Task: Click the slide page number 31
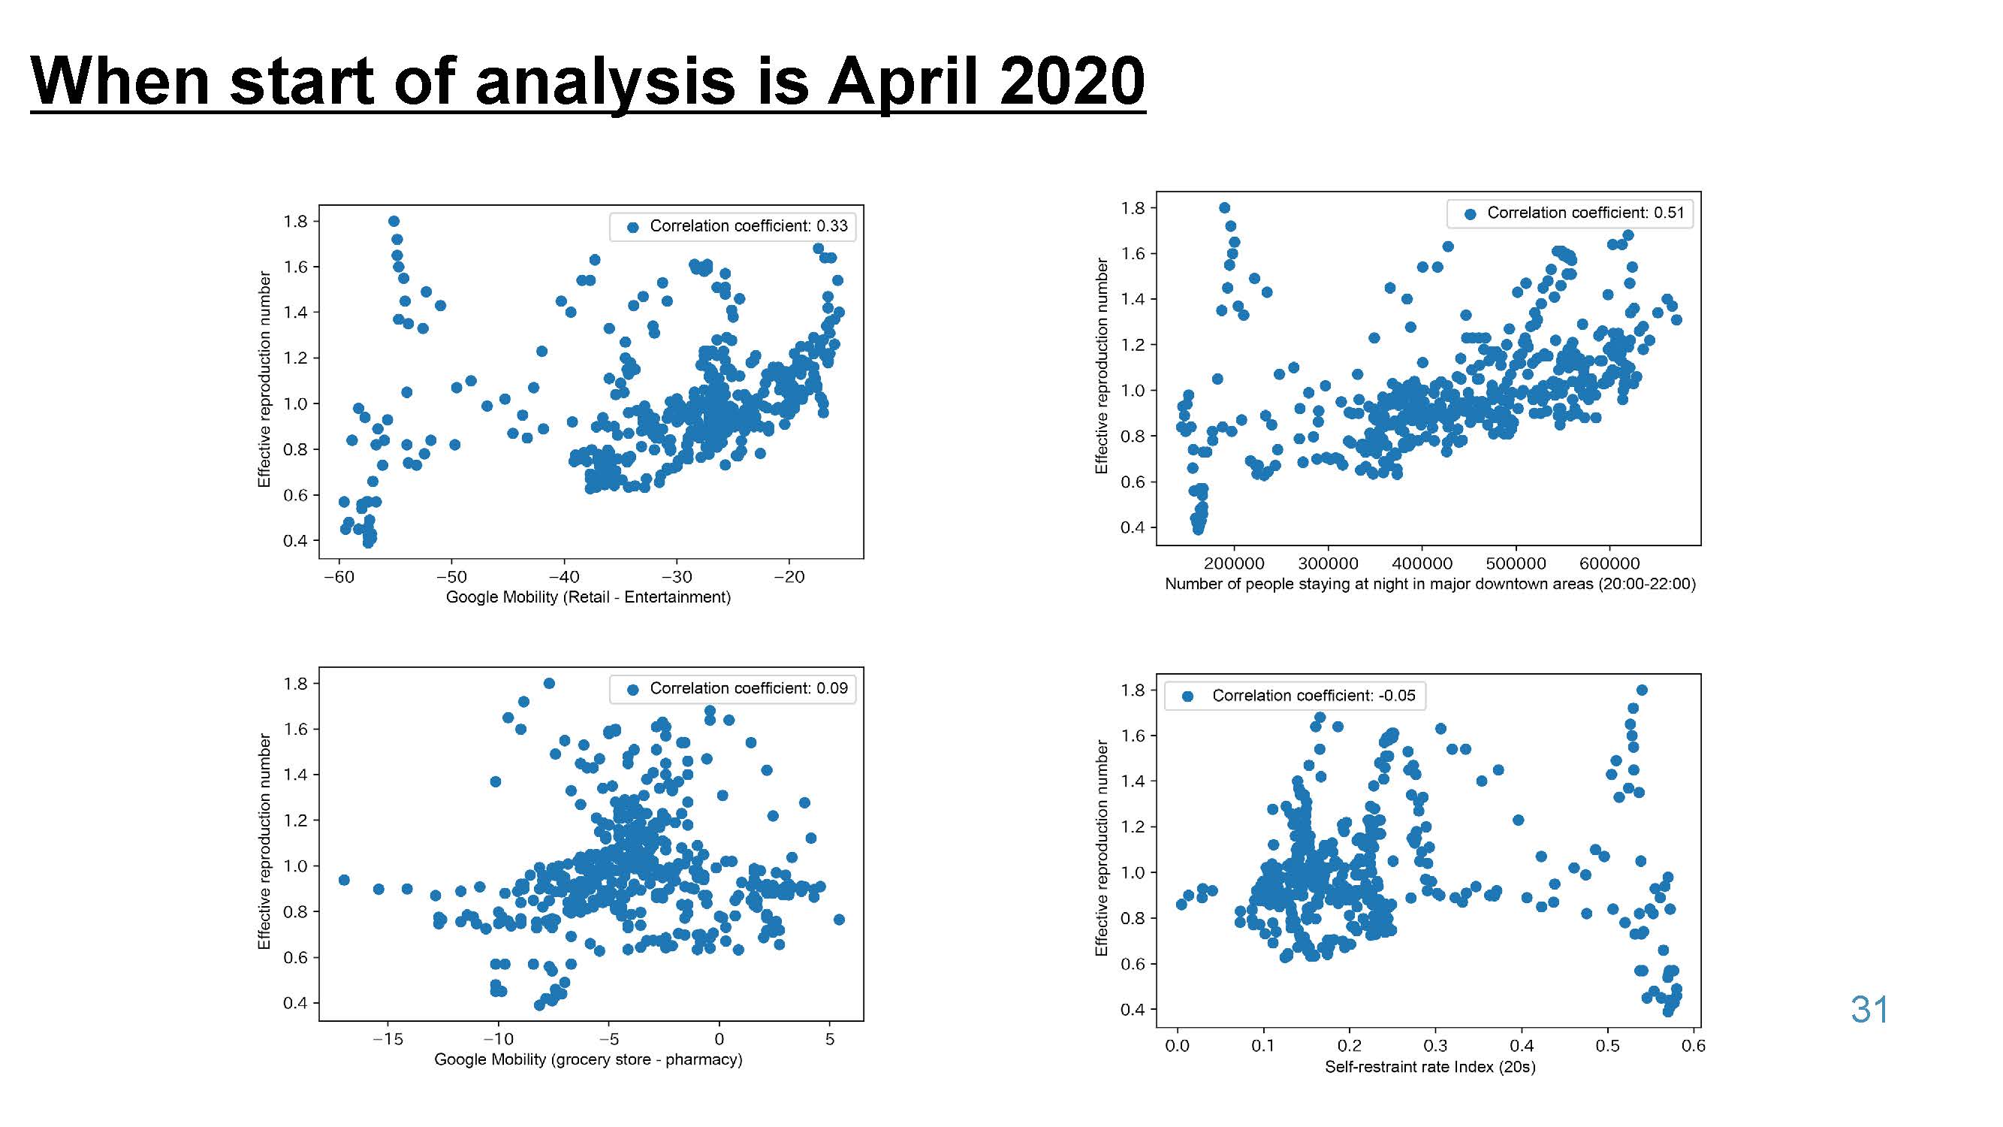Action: [x=1869, y=1010]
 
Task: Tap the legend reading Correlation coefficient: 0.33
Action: [x=732, y=226]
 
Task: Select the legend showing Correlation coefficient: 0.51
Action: [x=1570, y=213]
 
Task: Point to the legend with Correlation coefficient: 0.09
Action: [x=732, y=688]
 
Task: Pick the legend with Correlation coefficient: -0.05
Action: [x=1296, y=695]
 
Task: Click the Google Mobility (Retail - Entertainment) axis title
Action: [x=588, y=597]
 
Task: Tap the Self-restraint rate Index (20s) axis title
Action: [x=1430, y=1066]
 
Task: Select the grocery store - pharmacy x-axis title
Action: [x=588, y=1059]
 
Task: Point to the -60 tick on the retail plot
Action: [x=338, y=577]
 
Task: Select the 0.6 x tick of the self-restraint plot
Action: [x=1693, y=1046]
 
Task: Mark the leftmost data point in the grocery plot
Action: [x=345, y=880]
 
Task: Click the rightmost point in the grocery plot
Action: [x=839, y=920]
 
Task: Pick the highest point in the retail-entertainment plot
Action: [x=394, y=222]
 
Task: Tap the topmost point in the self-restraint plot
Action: [x=1643, y=690]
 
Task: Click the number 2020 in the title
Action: [x=1072, y=81]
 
